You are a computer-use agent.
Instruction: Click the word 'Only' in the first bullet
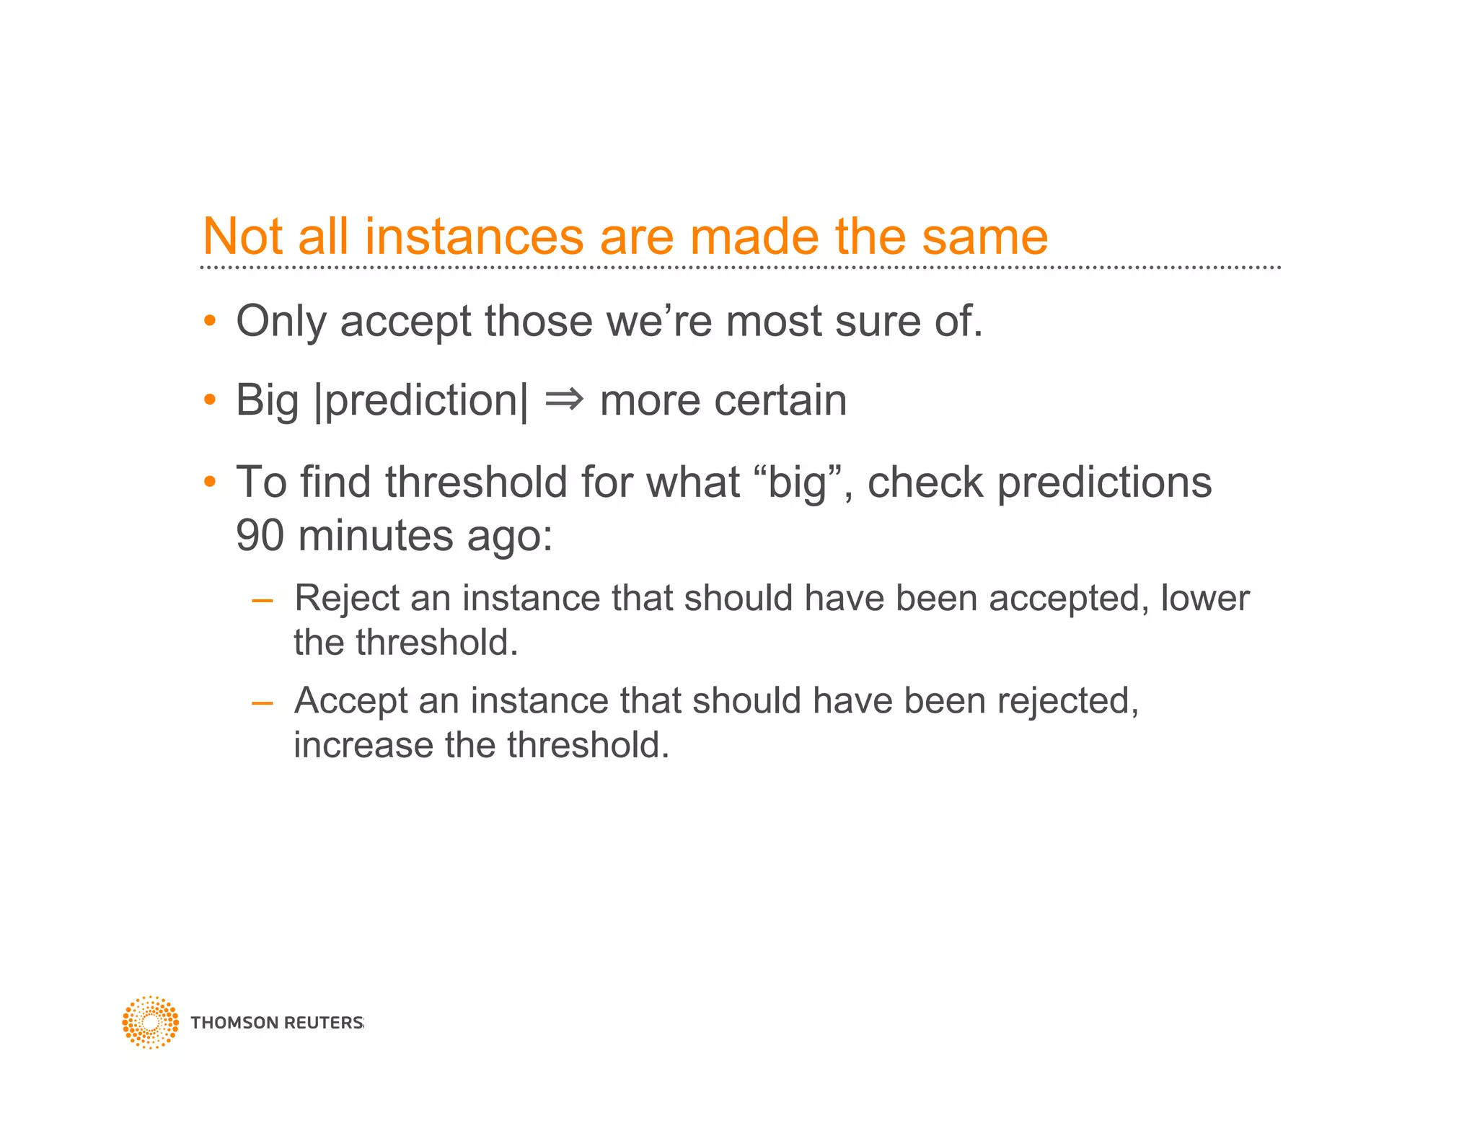[x=281, y=322]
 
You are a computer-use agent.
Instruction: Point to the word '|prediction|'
[x=421, y=401]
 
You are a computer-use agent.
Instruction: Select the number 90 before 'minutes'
[x=260, y=536]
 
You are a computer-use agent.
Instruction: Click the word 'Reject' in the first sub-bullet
[x=346, y=599]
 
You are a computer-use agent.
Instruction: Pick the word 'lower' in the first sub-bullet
[x=1204, y=598]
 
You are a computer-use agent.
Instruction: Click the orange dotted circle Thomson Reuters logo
[x=150, y=1022]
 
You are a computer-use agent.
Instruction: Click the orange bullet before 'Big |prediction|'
[x=210, y=399]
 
